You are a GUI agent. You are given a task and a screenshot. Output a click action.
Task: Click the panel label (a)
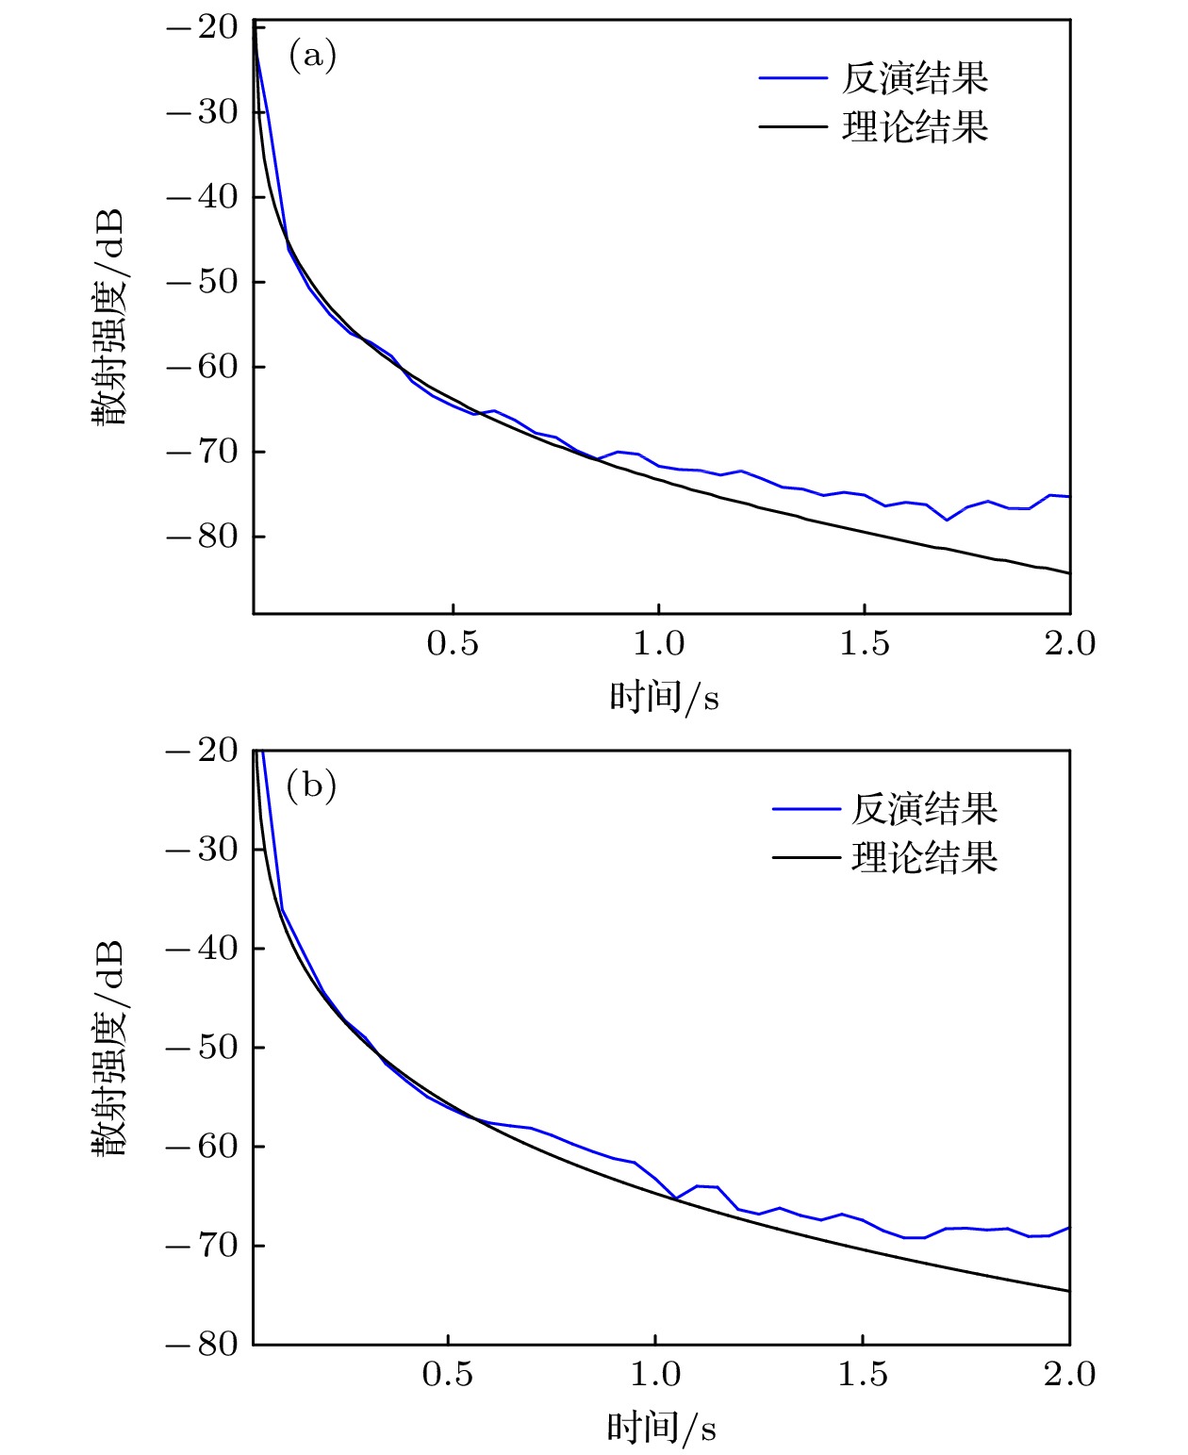[312, 56]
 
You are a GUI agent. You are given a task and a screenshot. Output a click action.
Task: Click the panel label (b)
[311, 785]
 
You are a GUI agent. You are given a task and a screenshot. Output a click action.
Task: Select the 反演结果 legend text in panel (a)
[915, 78]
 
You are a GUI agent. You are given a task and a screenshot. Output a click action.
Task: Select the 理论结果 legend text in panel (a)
[915, 126]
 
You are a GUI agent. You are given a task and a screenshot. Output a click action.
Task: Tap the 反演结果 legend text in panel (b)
[924, 808]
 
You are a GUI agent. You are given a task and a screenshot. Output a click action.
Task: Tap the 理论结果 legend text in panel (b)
[924, 858]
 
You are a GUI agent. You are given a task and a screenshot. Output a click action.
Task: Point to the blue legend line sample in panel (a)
[793, 78]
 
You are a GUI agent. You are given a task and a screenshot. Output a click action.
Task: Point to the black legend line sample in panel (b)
[806, 858]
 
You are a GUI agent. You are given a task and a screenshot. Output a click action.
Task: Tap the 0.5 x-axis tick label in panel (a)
[453, 644]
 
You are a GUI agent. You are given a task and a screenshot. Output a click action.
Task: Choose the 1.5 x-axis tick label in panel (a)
[865, 644]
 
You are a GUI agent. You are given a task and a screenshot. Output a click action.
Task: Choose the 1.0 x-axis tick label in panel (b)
[655, 1374]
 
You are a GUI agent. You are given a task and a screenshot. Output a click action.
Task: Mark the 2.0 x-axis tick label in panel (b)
[1069, 1374]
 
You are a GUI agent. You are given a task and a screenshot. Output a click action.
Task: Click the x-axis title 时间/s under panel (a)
[664, 697]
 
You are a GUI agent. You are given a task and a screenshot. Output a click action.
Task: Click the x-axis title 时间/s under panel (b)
[661, 1428]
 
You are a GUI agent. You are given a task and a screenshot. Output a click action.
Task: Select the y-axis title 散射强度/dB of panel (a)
[109, 317]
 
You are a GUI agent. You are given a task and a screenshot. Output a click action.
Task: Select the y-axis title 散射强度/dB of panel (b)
[109, 1047]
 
